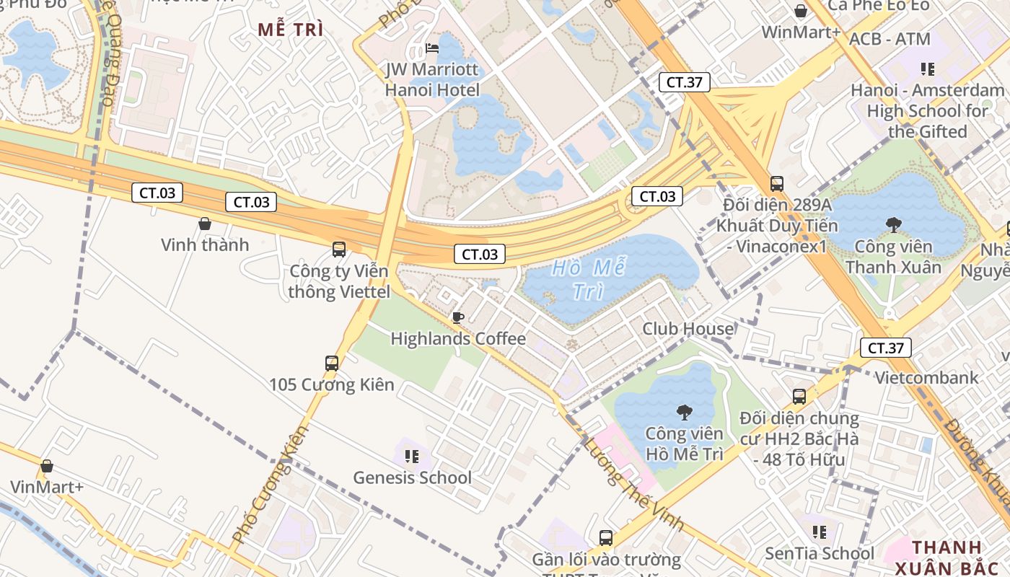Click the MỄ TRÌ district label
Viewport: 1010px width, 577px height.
(291, 30)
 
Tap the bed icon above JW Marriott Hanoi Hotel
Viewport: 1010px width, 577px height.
(432, 48)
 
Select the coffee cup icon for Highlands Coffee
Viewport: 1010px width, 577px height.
(457, 317)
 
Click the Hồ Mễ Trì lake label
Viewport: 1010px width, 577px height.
(587, 280)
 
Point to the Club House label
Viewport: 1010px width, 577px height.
(688, 329)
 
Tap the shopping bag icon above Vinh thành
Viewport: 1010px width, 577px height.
(205, 224)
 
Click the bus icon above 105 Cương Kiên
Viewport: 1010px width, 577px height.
(332, 364)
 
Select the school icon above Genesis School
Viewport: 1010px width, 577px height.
(412, 456)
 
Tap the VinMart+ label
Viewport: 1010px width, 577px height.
(47, 487)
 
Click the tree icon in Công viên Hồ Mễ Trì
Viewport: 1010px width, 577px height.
(684, 413)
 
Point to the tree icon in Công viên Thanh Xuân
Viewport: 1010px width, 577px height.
(894, 225)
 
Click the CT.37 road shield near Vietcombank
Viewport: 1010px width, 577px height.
(885, 348)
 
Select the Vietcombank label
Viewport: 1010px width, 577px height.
(926, 377)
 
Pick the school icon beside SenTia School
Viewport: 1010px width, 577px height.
(819, 532)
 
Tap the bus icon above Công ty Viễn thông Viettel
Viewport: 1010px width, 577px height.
(338, 250)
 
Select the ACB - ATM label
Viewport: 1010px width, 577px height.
(890, 39)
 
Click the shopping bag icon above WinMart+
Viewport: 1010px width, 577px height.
(800, 11)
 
